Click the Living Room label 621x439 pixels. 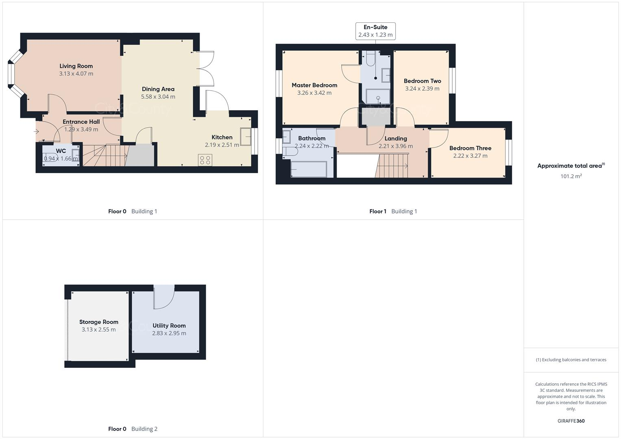[76, 66]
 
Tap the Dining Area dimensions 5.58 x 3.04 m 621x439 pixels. [158, 97]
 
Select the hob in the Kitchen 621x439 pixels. [205, 160]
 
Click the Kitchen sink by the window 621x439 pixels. [246, 137]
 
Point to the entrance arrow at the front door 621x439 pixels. [36, 131]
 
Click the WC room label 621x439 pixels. [61, 151]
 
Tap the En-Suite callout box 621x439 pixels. [375, 31]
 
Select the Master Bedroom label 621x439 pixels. [314, 85]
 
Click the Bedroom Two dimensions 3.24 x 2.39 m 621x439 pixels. [422, 89]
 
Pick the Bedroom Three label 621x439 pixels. [470, 148]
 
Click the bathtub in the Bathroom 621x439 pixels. [309, 169]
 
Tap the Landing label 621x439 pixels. [396, 138]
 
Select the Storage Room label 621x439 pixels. [99, 322]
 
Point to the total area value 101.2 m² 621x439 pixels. [571, 176]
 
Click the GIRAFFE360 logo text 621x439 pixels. [571, 421]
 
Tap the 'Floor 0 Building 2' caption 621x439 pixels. [133, 429]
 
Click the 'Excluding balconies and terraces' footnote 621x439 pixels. [571, 360]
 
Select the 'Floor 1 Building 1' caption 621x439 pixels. [393, 211]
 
